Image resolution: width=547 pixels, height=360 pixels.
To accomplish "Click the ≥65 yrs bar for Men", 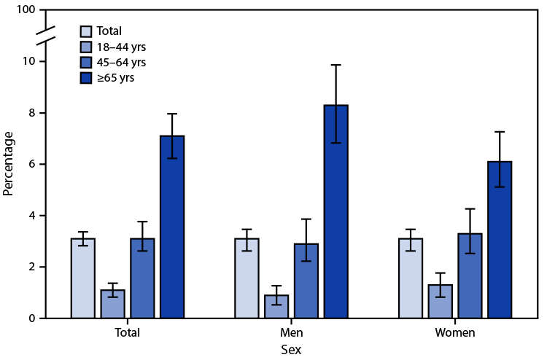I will coord(336,212).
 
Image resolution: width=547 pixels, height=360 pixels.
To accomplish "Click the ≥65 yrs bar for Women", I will coord(500,240).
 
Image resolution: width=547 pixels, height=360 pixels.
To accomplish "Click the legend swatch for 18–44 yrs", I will coord(87,47).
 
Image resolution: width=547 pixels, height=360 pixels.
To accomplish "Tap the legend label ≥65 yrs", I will coord(117,77).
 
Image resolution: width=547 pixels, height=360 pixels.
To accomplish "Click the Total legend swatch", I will coord(87,31).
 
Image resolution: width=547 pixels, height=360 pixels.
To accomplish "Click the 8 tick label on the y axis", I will coord(31,113).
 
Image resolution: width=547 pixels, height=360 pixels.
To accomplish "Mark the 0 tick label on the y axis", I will coord(31,318).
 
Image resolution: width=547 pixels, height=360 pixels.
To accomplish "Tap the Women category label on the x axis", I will coord(455,333).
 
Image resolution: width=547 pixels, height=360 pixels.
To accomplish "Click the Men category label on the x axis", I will coord(291,333).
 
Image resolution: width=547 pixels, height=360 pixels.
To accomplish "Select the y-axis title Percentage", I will coord(9,164).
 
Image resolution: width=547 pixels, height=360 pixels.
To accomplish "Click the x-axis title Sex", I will coord(291,350).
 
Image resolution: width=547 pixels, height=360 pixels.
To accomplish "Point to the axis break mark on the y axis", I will coord(44,34).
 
